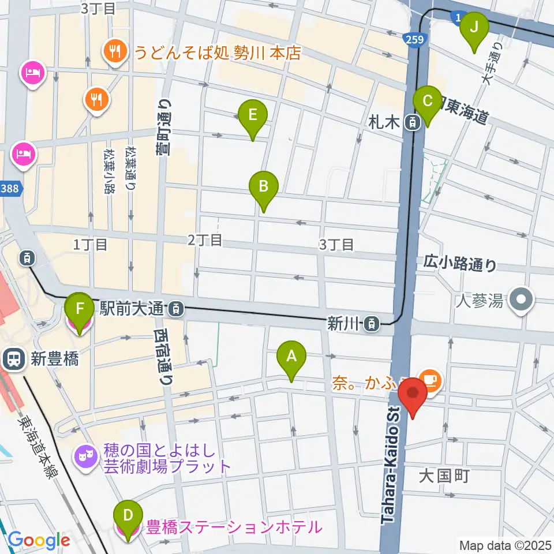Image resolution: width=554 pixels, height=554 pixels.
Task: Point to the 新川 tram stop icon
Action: click(373, 324)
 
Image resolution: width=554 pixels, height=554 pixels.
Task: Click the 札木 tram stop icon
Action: click(412, 122)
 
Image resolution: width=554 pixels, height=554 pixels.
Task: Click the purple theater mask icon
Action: click(87, 458)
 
